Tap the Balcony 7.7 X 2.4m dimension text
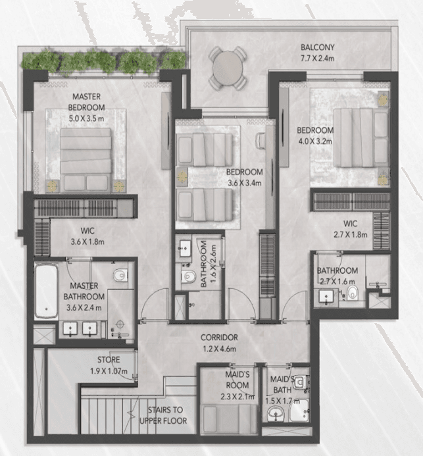pos(318,58)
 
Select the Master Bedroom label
pos(86,102)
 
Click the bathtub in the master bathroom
pos(46,291)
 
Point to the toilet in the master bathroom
pos(120,274)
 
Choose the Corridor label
pos(219,338)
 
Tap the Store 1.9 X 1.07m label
pos(109,365)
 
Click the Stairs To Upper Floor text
pos(163,415)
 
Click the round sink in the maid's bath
pos(275,413)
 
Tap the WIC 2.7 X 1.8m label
pos(350,229)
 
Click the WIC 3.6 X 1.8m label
pos(87,236)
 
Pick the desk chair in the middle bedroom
pos(261,141)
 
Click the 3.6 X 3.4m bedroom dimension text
pos(245,183)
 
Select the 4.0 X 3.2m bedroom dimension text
pos(315,141)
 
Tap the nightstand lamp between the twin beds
pos(182,176)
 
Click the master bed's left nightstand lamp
pos(53,186)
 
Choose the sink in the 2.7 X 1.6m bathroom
pos(326,297)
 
